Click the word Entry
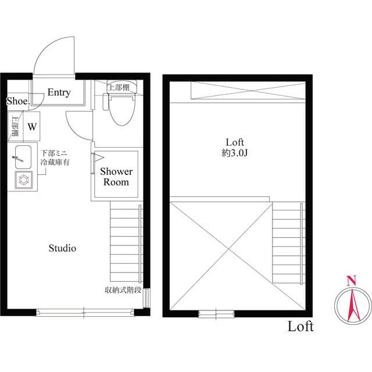(59, 92)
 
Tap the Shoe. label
(18, 101)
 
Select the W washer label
(32, 126)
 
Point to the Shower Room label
(116, 177)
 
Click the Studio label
(62, 249)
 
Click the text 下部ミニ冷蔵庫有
(55, 159)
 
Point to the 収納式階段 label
(123, 289)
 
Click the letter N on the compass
(351, 281)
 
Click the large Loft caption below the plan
(301, 327)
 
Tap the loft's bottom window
(215, 314)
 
